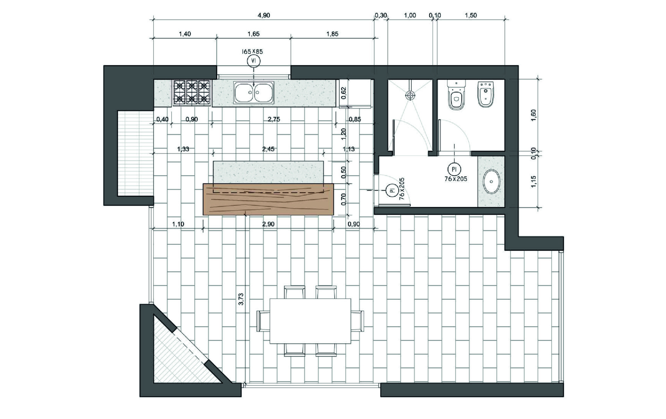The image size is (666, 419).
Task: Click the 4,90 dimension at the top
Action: pyautogui.click(x=264, y=15)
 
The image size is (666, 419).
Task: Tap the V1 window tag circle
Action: pyautogui.click(x=254, y=61)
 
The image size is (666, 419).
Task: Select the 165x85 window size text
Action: pyautogui.click(x=252, y=52)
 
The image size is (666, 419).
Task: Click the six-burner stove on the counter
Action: pyautogui.click(x=192, y=92)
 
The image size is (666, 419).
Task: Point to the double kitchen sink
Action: pyautogui.click(x=254, y=93)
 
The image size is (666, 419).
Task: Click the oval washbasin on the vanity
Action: pyautogui.click(x=492, y=181)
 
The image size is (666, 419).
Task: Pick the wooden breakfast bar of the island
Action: pyautogui.click(x=268, y=199)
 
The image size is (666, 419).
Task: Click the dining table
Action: pyautogui.click(x=310, y=321)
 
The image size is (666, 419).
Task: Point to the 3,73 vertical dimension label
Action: pyautogui.click(x=241, y=299)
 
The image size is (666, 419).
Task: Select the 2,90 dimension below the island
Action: pyautogui.click(x=268, y=224)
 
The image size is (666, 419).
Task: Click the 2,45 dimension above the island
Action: pyautogui.click(x=268, y=149)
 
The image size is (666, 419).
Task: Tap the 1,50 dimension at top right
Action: pyautogui.click(x=471, y=15)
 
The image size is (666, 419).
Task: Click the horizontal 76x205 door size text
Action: pyautogui.click(x=456, y=179)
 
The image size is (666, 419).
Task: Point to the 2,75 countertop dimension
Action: pyautogui.click(x=274, y=119)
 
